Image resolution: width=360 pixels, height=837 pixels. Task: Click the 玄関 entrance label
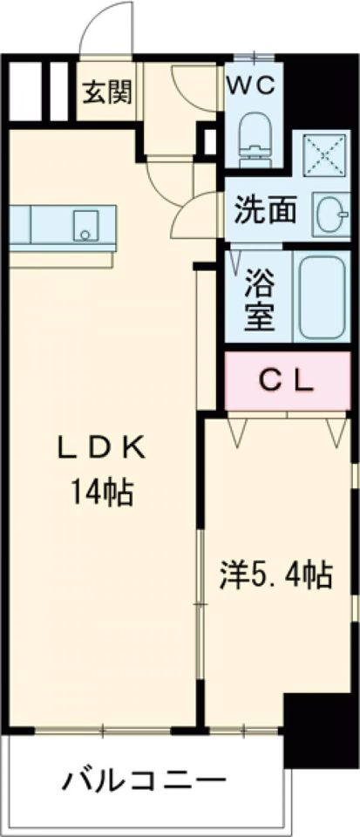pyautogui.click(x=109, y=92)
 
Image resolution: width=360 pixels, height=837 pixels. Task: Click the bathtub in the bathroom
pyautogui.click(x=323, y=299)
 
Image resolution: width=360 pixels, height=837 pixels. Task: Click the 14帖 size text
pyautogui.click(x=102, y=493)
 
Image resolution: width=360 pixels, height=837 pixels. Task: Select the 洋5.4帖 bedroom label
pyautogui.click(x=275, y=576)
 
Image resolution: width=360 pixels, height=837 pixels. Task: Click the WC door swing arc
pyautogui.click(x=194, y=92)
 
